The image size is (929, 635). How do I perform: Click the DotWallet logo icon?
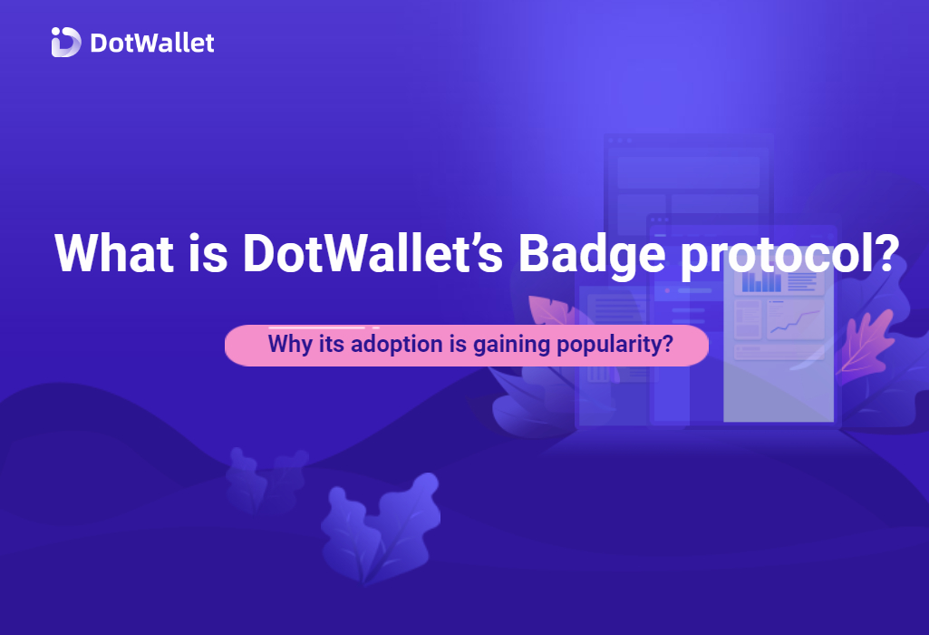point(66,42)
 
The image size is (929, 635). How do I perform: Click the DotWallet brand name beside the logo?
point(152,43)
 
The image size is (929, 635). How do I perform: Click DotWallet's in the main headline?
point(373,253)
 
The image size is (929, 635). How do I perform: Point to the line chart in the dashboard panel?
point(795,319)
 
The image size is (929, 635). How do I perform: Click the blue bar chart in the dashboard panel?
point(762,281)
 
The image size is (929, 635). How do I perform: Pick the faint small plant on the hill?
point(266,480)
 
